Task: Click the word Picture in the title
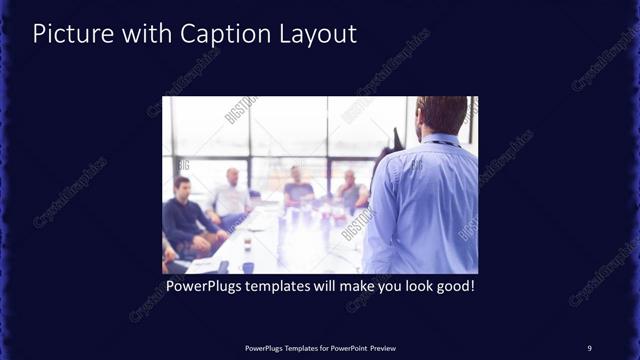pos(68,33)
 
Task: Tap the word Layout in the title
pos(315,33)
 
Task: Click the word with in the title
pos(139,33)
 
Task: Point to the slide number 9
pos(589,347)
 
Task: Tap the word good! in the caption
pos(449,286)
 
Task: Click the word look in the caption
pos(409,286)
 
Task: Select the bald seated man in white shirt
pos(231,195)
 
